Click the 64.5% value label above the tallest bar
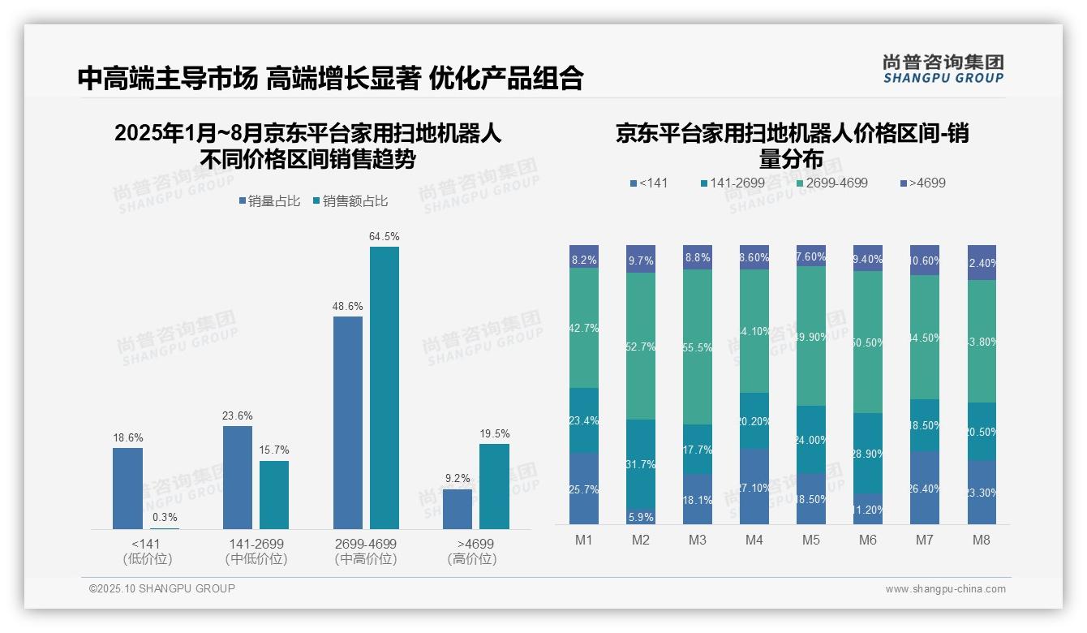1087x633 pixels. pyautogui.click(x=385, y=237)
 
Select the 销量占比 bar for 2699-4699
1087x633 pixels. pyautogui.click(x=348, y=422)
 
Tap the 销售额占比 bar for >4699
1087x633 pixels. pyautogui.click(x=494, y=486)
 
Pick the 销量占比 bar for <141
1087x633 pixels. pyautogui.click(x=127, y=488)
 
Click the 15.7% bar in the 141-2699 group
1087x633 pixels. pyautogui.click(x=274, y=494)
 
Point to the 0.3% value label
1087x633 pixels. pyautogui.click(x=165, y=517)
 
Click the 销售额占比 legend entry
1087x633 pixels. pyautogui.click(x=350, y=201)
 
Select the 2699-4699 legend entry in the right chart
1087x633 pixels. pyautogui.click(x=831, y=183)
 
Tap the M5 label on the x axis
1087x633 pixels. pyautogui.click(x=811, y=540)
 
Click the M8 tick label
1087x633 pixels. pyautogui.click(x=982, y=540)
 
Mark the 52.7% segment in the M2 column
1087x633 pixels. pyautogui.click(x=641, y=347)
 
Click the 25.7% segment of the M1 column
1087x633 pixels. pyautogui.click(x=584, y=489)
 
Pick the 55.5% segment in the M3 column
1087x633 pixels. pyautogui.click(x=698, y=347)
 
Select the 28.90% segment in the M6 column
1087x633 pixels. pyautogui.click(x=868, y=454)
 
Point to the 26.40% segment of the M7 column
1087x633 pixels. pyautogui.click(x=925, y=488)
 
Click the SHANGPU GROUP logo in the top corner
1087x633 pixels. pyautogui.click(x=943, y=69)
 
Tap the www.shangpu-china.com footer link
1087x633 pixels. pyautogui.click(x=945, y=589)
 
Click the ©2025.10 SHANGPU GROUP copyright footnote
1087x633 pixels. pyautogui.click(x=162, y=588)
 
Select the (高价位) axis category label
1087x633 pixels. pyautogui.click(x=472, y=559)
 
